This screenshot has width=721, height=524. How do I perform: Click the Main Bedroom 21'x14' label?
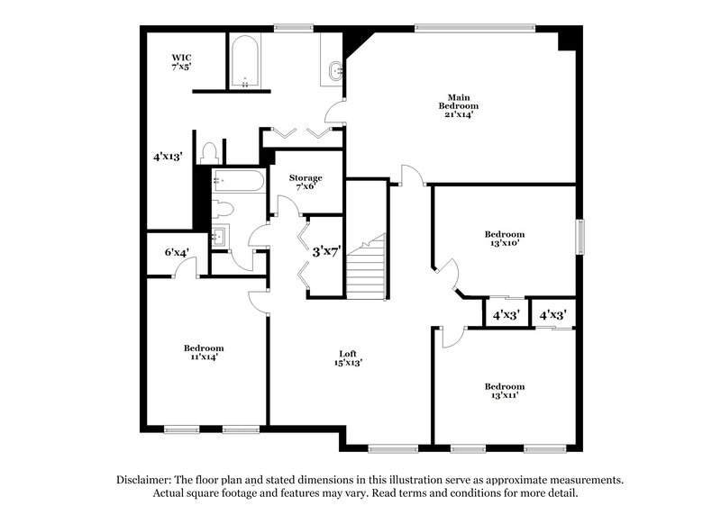[458, 105]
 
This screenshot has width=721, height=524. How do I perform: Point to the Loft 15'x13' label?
[343, 358]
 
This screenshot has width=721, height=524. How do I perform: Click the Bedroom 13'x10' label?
[503, 238]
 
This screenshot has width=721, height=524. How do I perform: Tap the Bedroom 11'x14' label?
[204, 352]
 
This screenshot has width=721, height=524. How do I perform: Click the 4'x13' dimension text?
[169, 156]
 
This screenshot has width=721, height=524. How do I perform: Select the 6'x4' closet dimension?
[176, 253]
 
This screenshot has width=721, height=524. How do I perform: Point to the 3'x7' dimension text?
[326, 252]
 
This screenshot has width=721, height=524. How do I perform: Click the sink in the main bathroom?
[334, 69]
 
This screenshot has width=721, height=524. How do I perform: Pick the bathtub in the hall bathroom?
[239, 181]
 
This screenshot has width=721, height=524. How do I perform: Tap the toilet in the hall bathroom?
[223, 209]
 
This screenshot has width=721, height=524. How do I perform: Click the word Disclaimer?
[146, 480]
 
